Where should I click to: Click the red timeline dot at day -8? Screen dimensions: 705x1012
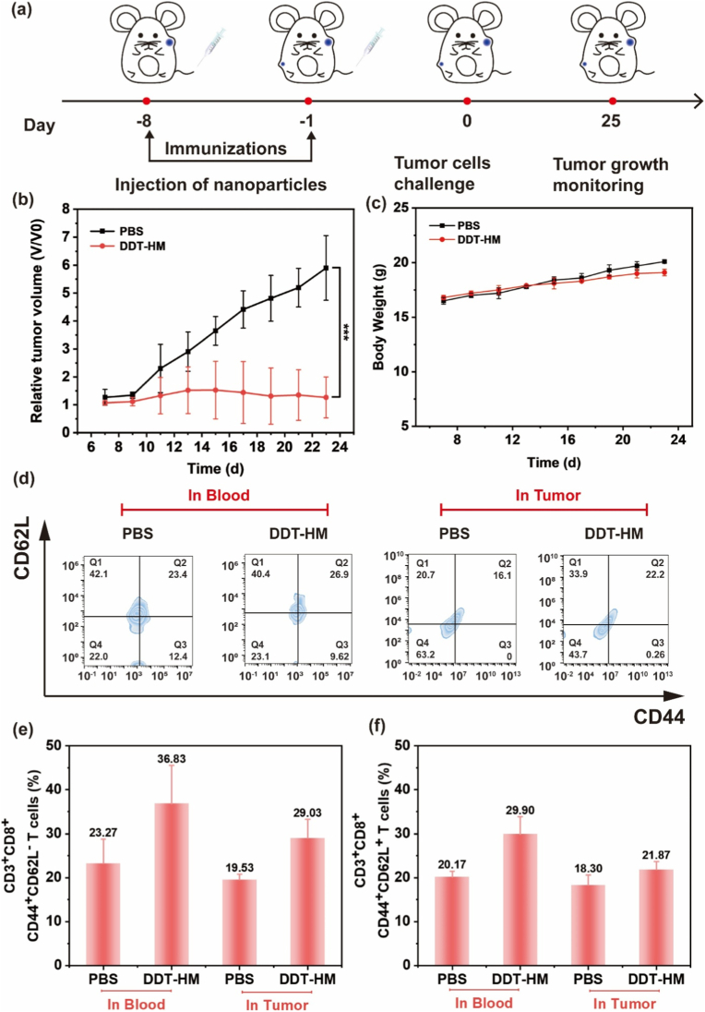coord(147,101)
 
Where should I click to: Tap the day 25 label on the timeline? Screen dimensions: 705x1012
coord(612,121)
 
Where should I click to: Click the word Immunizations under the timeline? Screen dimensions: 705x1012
coord(226,149)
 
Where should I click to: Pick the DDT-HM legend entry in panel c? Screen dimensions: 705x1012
coord(466,239)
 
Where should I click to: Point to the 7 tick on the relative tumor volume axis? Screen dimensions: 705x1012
coord(66,237)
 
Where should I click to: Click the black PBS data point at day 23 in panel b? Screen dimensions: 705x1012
coord(327,267)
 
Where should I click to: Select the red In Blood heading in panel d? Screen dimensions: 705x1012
coord(219,495)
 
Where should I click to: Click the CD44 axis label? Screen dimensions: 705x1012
coord(658,717)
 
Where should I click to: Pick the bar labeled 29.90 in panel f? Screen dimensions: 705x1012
coord(520,899)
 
